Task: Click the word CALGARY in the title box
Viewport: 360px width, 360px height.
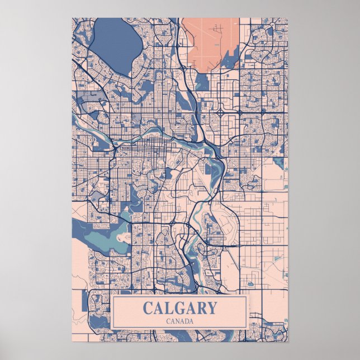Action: tap(179, 308)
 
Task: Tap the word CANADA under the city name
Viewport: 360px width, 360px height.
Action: tap(179, 321)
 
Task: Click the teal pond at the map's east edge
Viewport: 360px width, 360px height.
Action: tap(279, 163)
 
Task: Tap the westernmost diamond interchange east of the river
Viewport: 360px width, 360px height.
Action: tap(221, 112)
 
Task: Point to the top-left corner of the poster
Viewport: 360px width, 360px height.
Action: tap(72, 18)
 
